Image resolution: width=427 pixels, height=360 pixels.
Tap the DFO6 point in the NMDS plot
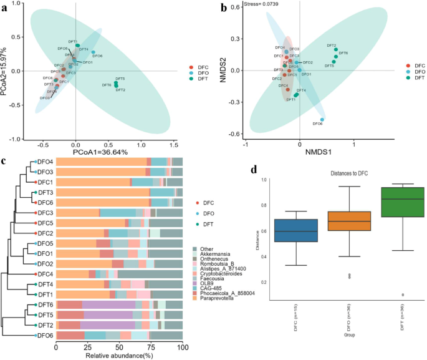[x=322, y=120]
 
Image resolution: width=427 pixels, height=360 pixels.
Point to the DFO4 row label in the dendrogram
[x=44, y=162]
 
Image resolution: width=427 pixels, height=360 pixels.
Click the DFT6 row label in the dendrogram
[x=44, y=304]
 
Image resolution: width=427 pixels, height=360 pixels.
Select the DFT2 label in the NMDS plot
[x=331, y=46]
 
